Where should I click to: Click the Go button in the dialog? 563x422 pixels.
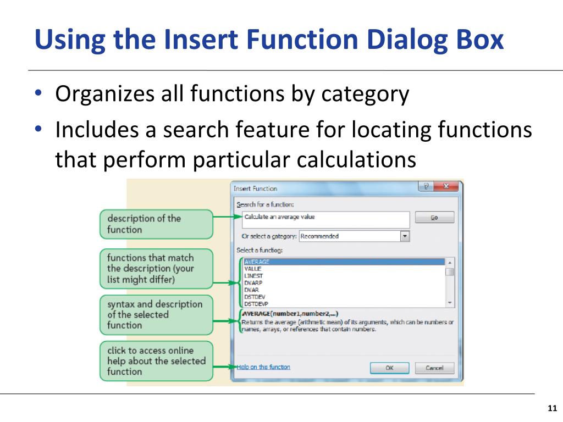[434, 218]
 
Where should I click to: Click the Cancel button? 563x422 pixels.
[434, 368]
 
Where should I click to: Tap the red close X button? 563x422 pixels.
[446, 187]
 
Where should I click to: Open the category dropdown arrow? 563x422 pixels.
[405, 236]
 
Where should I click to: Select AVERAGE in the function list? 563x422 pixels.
[257, 262]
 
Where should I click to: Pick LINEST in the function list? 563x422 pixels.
[253, 276]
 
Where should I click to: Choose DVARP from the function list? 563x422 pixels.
[253, 283]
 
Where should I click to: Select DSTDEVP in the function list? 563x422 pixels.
[256, 303]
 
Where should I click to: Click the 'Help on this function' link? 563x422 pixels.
[263, 367]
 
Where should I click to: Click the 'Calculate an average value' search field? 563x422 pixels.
[325, 219]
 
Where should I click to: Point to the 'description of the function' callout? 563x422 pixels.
[156, 224]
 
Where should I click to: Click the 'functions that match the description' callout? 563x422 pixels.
[156, 269]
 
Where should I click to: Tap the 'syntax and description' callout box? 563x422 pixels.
[156, 315]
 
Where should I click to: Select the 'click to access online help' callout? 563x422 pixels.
[156, 361]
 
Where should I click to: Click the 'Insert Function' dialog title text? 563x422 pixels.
[256, 188]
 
